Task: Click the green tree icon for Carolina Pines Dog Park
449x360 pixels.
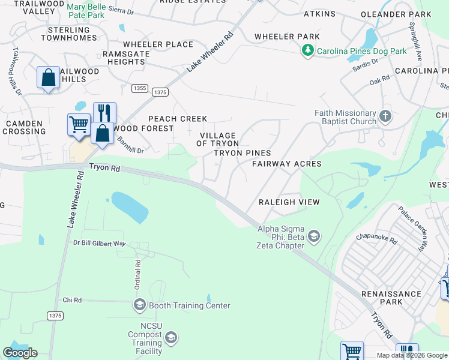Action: click(308, 51)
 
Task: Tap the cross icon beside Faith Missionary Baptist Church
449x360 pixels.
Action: click(385, 115)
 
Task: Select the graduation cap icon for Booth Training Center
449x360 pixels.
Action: click(139, 305)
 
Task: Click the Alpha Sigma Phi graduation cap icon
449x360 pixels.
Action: click(313, 238)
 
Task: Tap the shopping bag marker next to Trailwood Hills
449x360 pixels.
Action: click(48, 78)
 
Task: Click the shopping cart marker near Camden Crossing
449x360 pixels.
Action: click(79, 125)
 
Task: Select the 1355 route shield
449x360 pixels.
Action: click(139, 88)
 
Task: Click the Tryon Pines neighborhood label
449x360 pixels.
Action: click(243, 153)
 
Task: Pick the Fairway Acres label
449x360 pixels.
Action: click(286, 164)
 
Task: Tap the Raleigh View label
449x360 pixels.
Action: click(289, 202)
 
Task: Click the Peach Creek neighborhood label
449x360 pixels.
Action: click(178, 119)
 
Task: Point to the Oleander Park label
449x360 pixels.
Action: click(396, 14)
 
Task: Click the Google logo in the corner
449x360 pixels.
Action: click(20, 353)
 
